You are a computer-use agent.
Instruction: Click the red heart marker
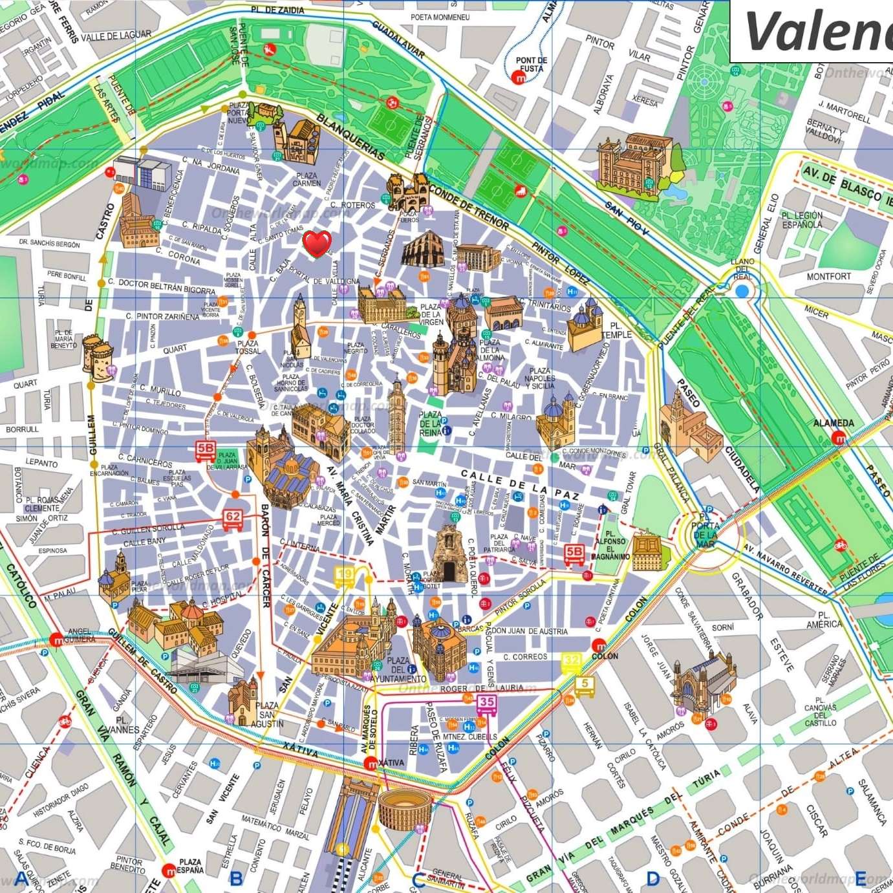tap(317, 243)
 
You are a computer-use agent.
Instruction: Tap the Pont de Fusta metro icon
tap(519, 78)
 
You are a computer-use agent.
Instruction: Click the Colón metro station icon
tap(599, 645)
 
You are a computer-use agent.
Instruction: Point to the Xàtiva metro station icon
tap(371, 764)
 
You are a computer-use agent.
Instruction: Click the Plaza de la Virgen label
tap(431, 314)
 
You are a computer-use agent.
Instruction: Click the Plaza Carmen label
tap(307, 179)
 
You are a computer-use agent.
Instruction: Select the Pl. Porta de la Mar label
tap(705, 530)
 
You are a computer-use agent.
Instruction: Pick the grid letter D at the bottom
tap(653, 878)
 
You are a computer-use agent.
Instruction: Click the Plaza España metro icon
tap(169, 870)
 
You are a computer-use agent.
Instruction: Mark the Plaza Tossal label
tap(248, 347)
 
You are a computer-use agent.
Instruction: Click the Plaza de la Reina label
tap(431, 424)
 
